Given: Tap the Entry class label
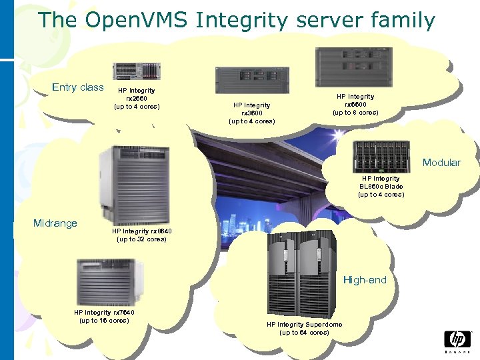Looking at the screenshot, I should pyautogui.click(x=78, y=87).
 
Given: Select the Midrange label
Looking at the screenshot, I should pyautogui.click(x=55, y=223).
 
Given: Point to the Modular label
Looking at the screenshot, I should pyautogui.click(x=441, y=163).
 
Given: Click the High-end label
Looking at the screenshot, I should pyautogui.click(x=365, y=280).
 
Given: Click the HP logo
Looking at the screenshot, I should pyautogui.click(x=457, y=340).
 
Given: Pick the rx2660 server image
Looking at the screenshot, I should pyautogui.click(x=137, y=71).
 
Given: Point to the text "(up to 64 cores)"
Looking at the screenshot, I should pyautogui.click(x=304, y=333).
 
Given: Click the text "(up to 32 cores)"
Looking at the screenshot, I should pyautogui.click(x=142, y=239).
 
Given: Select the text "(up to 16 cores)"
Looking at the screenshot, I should pyautogui.click(x=104, y=321).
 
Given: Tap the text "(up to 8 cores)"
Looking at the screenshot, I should pyautogui.click(x=355, y=113).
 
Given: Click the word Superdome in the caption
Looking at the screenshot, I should pyautogui.click(x=323, y=325).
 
